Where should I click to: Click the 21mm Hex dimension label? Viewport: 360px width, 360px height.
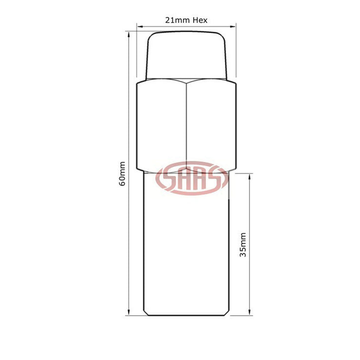coord(186,20)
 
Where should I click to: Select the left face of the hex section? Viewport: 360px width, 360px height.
coord(162,124)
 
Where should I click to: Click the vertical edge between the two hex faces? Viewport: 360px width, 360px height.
coord(187,124)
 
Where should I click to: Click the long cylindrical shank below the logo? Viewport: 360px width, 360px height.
coord(186,253)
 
